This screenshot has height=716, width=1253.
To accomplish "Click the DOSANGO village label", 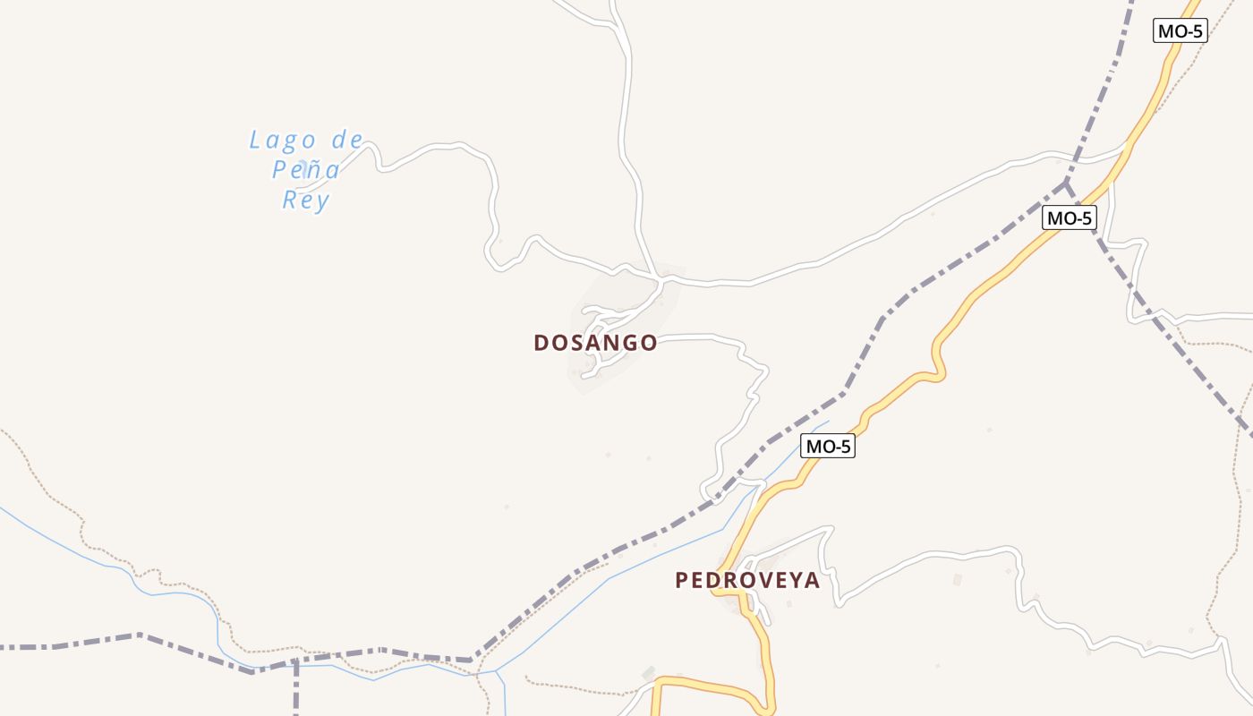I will click(595, 343).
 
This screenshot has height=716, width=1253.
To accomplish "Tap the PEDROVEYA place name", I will click(747, 580).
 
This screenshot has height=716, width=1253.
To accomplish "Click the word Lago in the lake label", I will click(283, 141).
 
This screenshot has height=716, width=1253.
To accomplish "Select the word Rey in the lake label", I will click(306, 200).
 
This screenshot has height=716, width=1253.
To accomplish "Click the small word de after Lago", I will click(347, 140).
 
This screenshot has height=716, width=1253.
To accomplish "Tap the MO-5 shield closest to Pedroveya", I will click(828, 446).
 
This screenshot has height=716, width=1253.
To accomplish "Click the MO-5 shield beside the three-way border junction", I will click(1069, 217).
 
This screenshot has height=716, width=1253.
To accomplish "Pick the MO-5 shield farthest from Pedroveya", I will click(1180, 30).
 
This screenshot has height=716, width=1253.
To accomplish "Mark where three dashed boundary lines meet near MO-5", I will click(1065, 184).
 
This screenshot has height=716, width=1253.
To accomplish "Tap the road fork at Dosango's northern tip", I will click(661, 279).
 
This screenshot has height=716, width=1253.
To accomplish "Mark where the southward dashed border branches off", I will click(295, 662).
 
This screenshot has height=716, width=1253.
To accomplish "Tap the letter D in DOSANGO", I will click(541, 343).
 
